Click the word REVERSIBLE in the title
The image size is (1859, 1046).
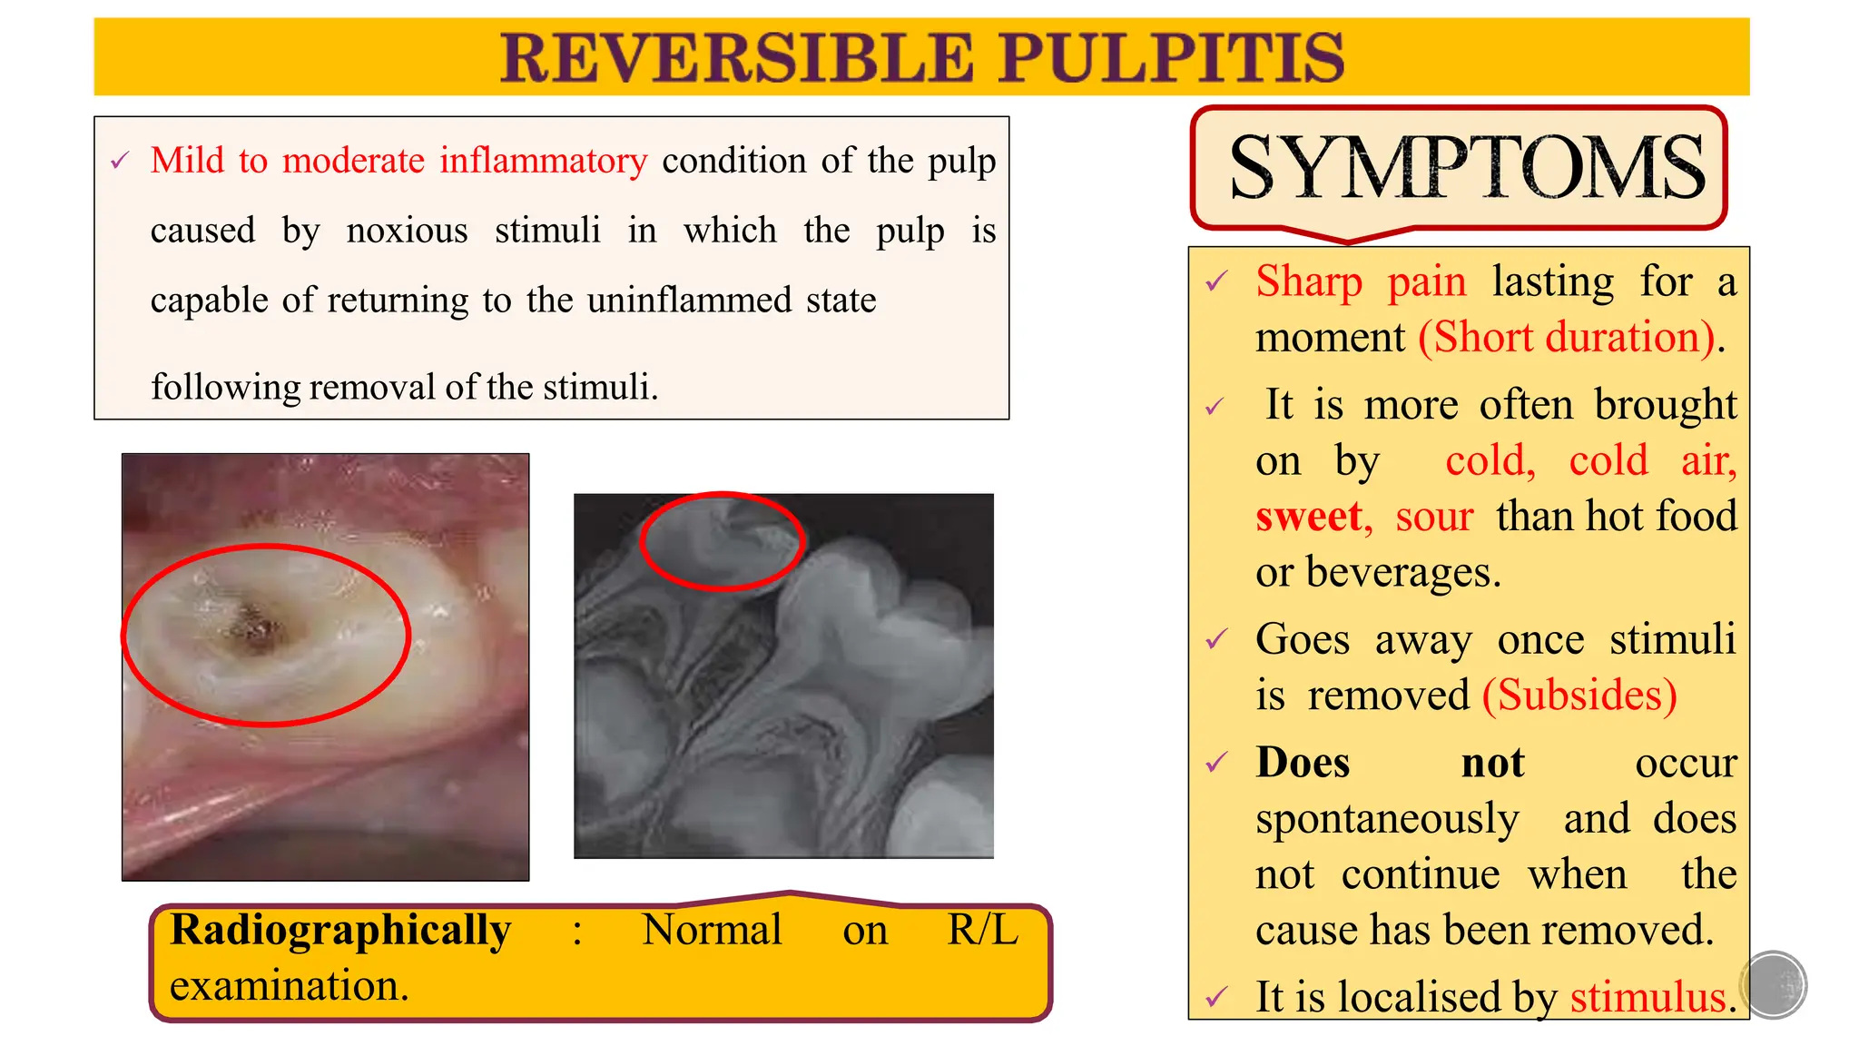pyautogui.click(x=737, y=58)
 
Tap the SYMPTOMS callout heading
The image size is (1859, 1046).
pyautogui.click(x=1465, y=168)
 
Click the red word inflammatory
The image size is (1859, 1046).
pyautogui.click(x=543, y=162)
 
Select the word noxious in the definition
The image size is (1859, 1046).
pyautogui.click(x=407, y=231)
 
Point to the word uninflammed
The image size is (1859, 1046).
pyautogui.click(x=689, y=301)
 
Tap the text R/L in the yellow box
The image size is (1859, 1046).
pyautogui.click(x=982, y=930)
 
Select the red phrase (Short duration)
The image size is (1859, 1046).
pyautogui.click(x=1567, y=338)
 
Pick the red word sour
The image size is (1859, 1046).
pyautogui.click(x=1433, y=517)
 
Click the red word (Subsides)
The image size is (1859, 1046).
pyautogui.click(x=1579, y=696)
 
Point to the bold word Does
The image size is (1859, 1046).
pyautogui.click(x=1303, y=763)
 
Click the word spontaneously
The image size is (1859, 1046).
pyautogui.click(x=1386, y=819)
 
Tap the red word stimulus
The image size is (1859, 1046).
pyautogui.click(x=1648, y=997)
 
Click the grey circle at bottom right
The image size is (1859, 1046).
pyautogui.click(x=1773, y=984)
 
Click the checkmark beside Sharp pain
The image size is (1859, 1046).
pyautogui.click(x=1216, y=282)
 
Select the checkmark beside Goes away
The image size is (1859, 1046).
pyautogui.click(x=1216, y=640)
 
